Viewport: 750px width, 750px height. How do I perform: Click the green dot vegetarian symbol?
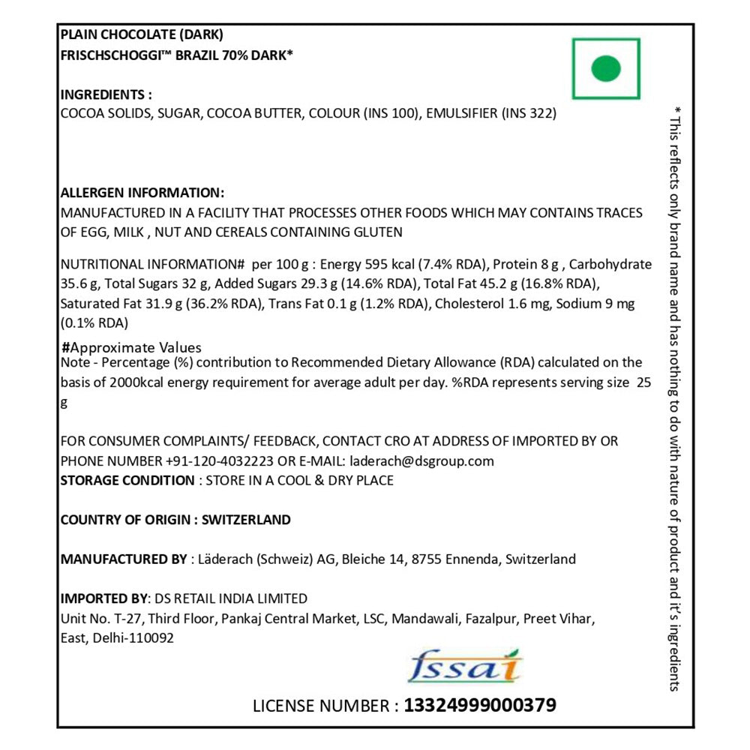click(x=606, y=69)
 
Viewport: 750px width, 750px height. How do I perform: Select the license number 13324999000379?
click(x=480, y=706)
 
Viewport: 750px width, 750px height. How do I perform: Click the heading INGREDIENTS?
click(x=106, y=95)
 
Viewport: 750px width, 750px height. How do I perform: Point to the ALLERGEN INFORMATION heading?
click(x=142, y=193)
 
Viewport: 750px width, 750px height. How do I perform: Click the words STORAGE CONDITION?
click(x=127, y=480)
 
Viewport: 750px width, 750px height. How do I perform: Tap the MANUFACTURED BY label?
click(x=123, y=559)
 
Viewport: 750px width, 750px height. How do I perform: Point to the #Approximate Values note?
click(x=131, y=347)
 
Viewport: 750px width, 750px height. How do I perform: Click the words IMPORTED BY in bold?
click(x=104, y=598)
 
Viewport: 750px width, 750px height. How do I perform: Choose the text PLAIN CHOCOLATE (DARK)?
click(x=142, y=34)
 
